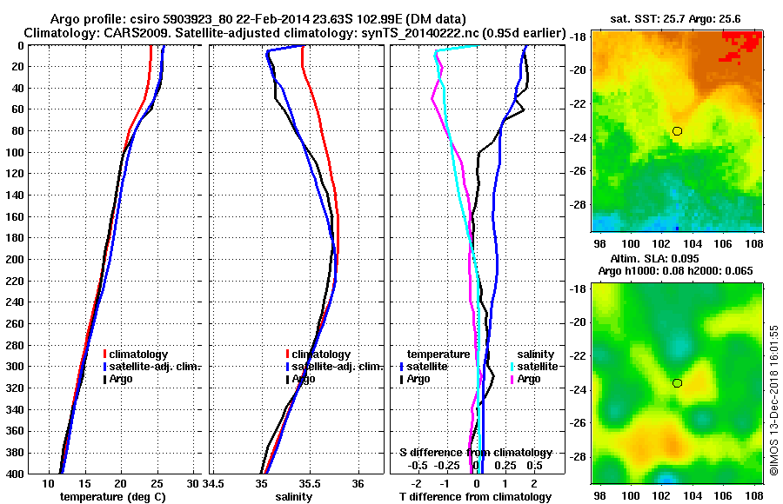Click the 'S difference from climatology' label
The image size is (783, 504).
click(475, 453)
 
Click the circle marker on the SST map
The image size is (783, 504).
click(677, 131)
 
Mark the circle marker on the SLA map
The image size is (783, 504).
click(677, 383)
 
